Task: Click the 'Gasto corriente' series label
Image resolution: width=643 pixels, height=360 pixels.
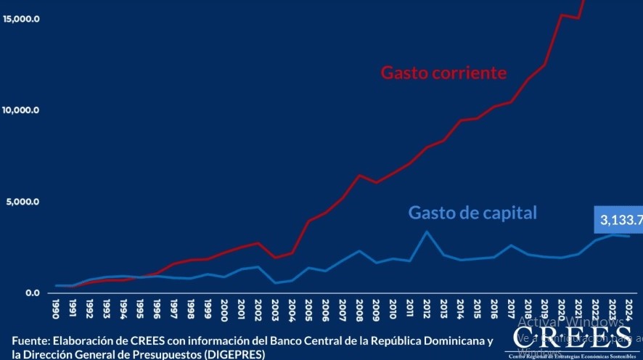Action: coord(443,73)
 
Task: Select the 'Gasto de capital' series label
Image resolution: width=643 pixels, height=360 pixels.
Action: coord(472,213)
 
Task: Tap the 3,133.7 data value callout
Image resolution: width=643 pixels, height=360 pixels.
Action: coord(621,221)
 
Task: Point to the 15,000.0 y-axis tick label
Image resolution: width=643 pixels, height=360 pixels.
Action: coord(21,19)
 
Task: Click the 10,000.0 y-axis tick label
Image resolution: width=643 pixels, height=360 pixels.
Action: coord(21,110)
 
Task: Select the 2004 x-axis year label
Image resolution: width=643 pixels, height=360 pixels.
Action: coord(292,309)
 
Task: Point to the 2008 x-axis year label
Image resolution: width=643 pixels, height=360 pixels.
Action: coord(360,309)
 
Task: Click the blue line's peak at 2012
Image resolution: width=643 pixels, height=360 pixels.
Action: coord(427,232)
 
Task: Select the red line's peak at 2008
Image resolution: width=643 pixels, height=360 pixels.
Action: coord(359,175)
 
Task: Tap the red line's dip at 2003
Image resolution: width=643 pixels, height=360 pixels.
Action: coord(276,258)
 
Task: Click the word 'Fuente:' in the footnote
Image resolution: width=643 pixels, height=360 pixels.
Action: coord(30,341)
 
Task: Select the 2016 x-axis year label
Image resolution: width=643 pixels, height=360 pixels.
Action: coord(493,309)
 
